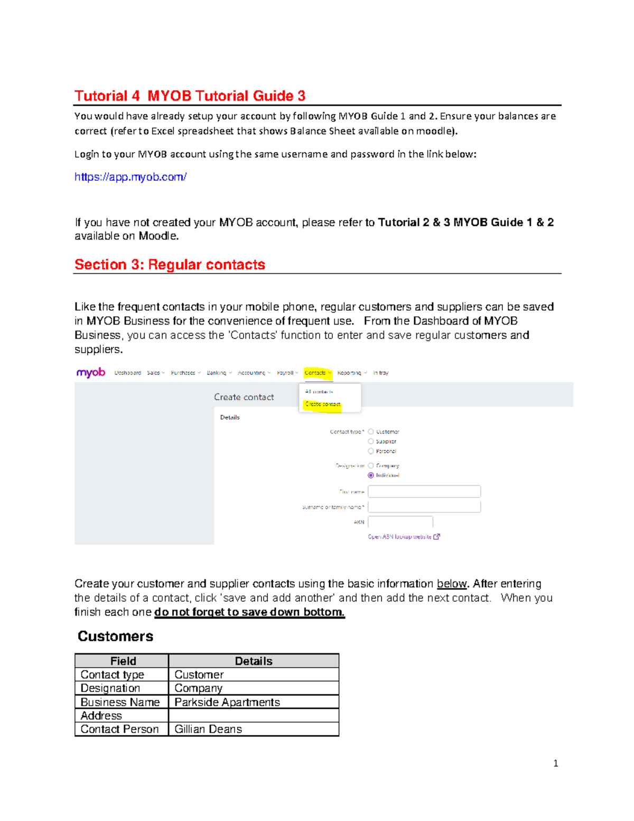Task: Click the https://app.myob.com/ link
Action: [x=130, y=177]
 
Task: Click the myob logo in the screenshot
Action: [x=91, y=373]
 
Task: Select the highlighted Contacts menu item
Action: [x=318, y=373]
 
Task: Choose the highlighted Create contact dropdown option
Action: [x=323, y=404]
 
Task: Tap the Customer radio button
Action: [x=371, y=432]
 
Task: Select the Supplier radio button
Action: [x=371, y=441]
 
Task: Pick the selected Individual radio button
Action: [x=371, y=475]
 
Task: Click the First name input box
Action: [x=424, y=492]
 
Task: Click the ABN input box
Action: [x=400, y=522]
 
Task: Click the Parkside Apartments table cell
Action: [x=253, y=702]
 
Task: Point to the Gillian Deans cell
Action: [x=253, y=729]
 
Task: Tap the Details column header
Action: [x=253, y=661]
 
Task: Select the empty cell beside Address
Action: [x=253, y=715]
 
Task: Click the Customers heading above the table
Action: [x=115, y=636]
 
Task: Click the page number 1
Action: [x=555, y=763]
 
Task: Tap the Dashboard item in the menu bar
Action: [x=127, y=373]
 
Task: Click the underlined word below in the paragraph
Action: [x=451, y=584]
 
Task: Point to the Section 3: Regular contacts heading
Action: [x=170, y=264]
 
